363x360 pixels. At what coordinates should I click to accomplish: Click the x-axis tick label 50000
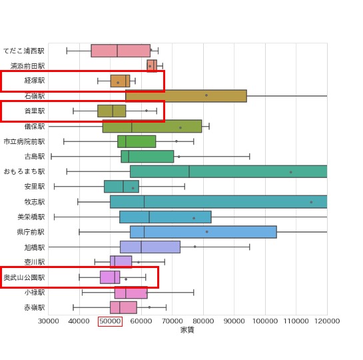pyautogui.click(x=110, y=321)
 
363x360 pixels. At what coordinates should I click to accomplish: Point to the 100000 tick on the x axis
pyautogui.click(x=265, y=321)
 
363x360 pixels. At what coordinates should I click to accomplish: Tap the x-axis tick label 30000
pyautogui.click(x=48, y=321)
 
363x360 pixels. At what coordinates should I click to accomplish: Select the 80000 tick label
pyautogui.click(x=203, y=321)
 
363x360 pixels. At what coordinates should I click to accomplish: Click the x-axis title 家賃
pyautogui.click(x=187, y=330)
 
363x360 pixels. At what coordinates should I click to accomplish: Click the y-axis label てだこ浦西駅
pyautogui.click(x=24, y=51)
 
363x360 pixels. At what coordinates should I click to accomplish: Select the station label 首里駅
pyautogui.click(x=35, y=111)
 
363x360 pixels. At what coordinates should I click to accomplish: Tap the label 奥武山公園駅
pyautogui.click(x=25, y=277)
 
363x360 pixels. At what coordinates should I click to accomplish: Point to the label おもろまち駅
pyautogui.click(x=25, y=171)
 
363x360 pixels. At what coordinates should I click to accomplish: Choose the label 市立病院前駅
pyautogui.click(x=25, y=141)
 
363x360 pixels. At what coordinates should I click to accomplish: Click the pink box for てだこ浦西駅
pyautogui.click(x=121, y=51)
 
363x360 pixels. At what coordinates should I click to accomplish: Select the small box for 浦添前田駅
pyautogui.click(x=152, y=65)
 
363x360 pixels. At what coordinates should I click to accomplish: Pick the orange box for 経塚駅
pyautogui.click(x=120, y=81)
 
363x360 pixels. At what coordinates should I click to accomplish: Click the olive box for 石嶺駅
pyautogui.click(x=186, y=96)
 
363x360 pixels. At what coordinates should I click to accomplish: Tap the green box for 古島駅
pyautogui.click(x=147, y=157)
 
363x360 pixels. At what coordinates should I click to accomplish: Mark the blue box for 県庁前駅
pyautogui.click(x=203, y=232)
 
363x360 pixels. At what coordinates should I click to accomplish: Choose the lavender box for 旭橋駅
pyautogui.click(x=150, y=247)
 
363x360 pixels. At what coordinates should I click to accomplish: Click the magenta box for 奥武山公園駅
pyautogui.click(x=110, y=277)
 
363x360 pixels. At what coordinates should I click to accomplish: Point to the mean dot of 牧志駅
pyautogui.click(x=311, y=202)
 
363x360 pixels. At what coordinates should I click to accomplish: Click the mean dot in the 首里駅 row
pyautogui.click(x=147, y=111)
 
